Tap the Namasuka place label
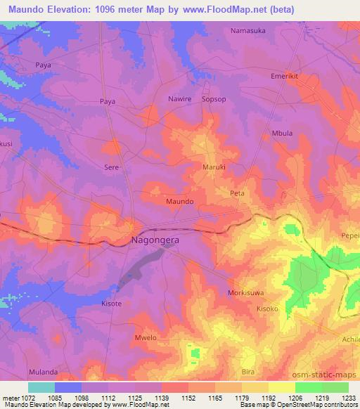pos(250,31)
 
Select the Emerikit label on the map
pos(286,76)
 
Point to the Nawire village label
pos(179,99)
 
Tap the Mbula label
pos(281,133)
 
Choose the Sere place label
pos(111,167)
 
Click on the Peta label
pos(236,192)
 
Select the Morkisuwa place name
pos(246,292)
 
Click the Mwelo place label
pos(145,338)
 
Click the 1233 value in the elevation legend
pos(348,398)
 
